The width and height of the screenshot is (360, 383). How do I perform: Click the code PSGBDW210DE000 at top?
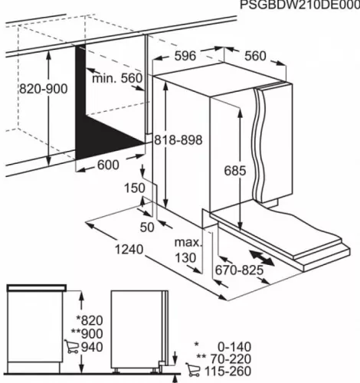[298, 5]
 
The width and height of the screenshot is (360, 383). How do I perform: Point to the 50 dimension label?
[148, 226]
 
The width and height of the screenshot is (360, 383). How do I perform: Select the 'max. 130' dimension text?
[187, 250]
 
